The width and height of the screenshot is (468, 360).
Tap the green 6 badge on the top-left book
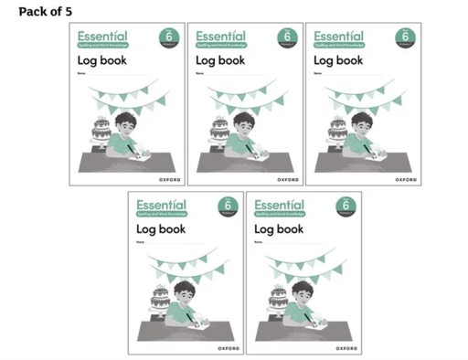167,37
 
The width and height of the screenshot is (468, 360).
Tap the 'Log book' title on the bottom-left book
162,229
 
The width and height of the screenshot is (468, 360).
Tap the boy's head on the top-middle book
244,122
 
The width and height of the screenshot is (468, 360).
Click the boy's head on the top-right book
362,122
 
